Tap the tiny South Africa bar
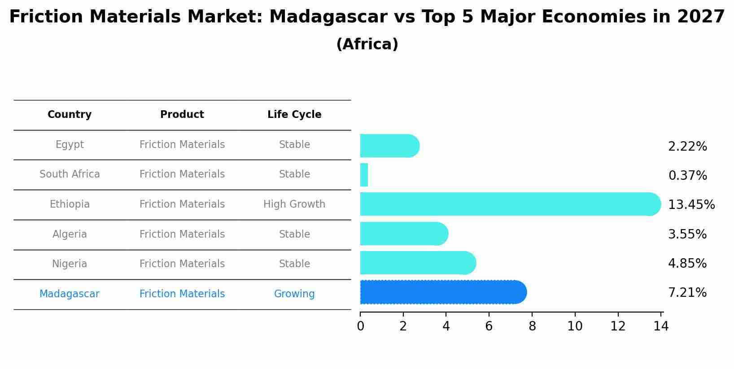pyautogui.click(x=364, y=175)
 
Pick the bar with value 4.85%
pyautogui.click(x=417, y=263)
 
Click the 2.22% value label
pyautogui.click(x=687, y=147)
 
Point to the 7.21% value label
pyautogui.click(x=687, y=293)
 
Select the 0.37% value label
pyautogui.click(x=687, y=176)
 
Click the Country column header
pyautogui.click(x=70, y=115)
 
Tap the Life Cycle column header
pyautogui.click(x=294, y=115)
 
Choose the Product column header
pyautogui.click(x=182, y=115)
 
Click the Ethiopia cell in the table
pyautogui.click(x=70, y=204)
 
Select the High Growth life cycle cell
pyautogui.click(x=294, y=204)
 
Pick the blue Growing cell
pyautogui.click(x=294, y=294)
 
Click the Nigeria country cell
pyautogui.click(x=70, y=264)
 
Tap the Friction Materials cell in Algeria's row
pyautogui.click(x=182, y=234)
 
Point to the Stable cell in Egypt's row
pyautogui.click(x=294, y=145)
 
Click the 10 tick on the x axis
pyautogui.click(x=575, y=326)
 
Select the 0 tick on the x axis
pyautogui.click(x=360, y=326)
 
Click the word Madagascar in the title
pyautogui.click(x=328, y=17)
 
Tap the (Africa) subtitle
pyautogui.click(x=367, y=44)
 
